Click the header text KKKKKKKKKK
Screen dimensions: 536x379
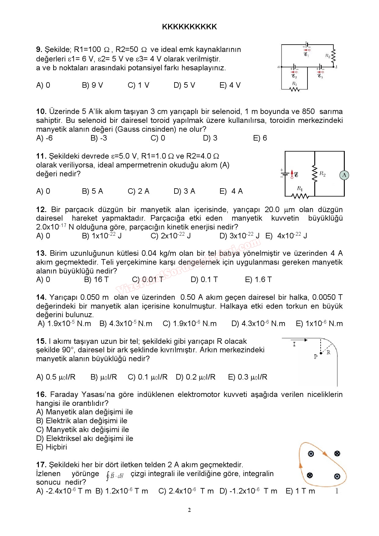pos(189,27)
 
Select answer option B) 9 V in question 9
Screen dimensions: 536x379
pos(92,85)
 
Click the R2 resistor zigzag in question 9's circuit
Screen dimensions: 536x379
pos(333,56)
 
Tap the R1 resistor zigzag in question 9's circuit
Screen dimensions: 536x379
pos(295,89)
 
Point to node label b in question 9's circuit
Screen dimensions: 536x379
pos(337,67)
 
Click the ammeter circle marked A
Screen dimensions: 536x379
pos(344,175)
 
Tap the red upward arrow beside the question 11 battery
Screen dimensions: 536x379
pos(292,174)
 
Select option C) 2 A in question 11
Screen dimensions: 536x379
pos(138,191)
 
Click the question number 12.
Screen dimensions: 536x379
pos(41,210)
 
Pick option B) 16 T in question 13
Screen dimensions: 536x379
pos(96,280)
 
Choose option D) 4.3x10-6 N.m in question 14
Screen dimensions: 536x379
pos(258,324)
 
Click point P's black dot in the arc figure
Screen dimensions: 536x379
pos(321,353)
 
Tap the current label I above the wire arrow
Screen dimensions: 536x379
pos(294,344)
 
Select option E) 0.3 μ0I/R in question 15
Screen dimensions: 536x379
pos(248,377)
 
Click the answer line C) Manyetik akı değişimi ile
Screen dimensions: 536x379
pos(83,430)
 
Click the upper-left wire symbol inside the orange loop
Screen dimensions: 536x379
pos(311,454)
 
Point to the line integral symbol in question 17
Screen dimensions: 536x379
pos(115,476)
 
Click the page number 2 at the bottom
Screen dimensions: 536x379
pos(189,510)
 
